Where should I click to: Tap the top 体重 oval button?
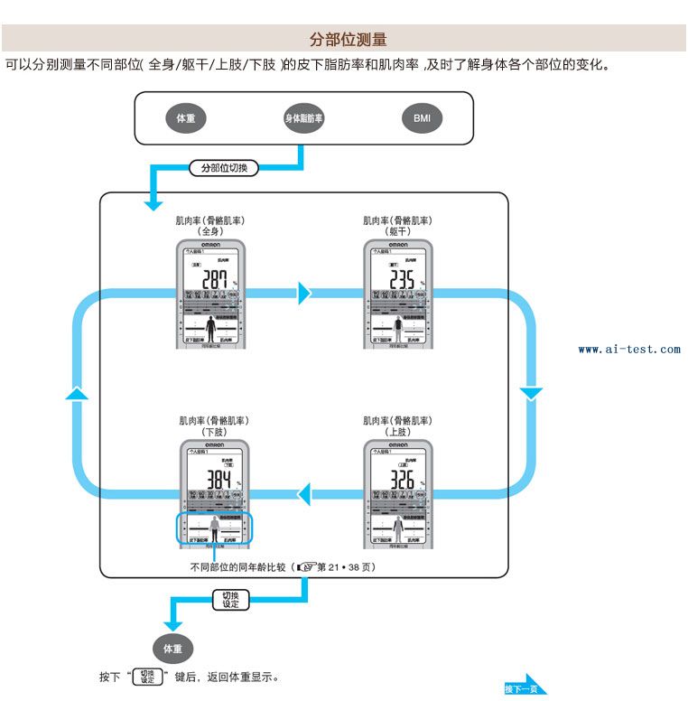tap(186, 118)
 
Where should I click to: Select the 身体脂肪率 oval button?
tap(304, 118)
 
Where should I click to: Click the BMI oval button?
tap(422, 118)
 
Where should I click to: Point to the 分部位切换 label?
tap(224, 168)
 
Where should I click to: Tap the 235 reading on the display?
tap(396, 279)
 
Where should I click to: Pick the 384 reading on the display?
tap(218, 480)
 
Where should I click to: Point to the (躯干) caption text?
tap(397, 231)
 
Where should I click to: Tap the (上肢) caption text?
tap(397, 432)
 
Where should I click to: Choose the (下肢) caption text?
tap(213, 432)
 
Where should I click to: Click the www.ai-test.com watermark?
tap(629, 349)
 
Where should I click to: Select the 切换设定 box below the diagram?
tap(230, 599)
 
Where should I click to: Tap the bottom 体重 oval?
tap(172, 649)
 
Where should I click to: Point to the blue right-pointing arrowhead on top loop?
tap(304, 293)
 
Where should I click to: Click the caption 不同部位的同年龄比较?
tap(237, 568)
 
